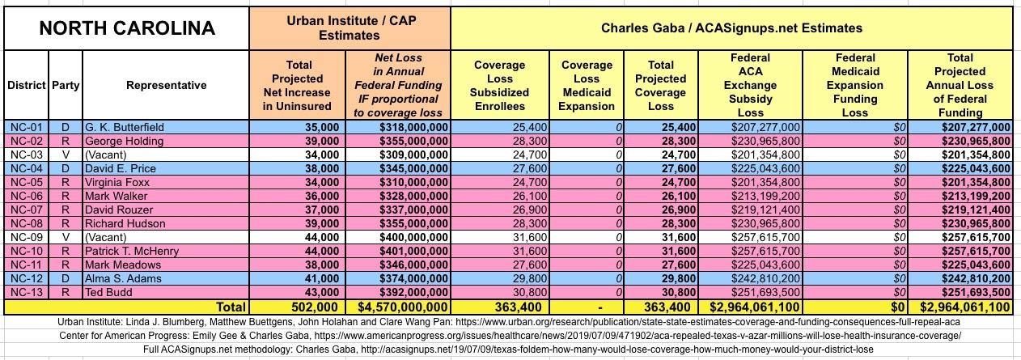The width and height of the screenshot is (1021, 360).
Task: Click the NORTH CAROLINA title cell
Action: click(127, 28)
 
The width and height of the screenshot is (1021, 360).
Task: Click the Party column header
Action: click(66, 85)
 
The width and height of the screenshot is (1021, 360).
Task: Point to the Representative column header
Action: click(166, 85)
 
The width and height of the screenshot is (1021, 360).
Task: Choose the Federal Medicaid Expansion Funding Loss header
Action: click(856, 85)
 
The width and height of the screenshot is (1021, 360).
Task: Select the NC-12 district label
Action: click(27, 278)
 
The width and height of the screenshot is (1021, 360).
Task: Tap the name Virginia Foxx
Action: click(121, 182)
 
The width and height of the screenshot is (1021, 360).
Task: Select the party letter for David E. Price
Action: click(66, 168)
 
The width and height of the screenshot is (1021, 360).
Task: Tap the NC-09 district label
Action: click(27, 237)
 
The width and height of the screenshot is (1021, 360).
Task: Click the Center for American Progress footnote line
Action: click(510, 334)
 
